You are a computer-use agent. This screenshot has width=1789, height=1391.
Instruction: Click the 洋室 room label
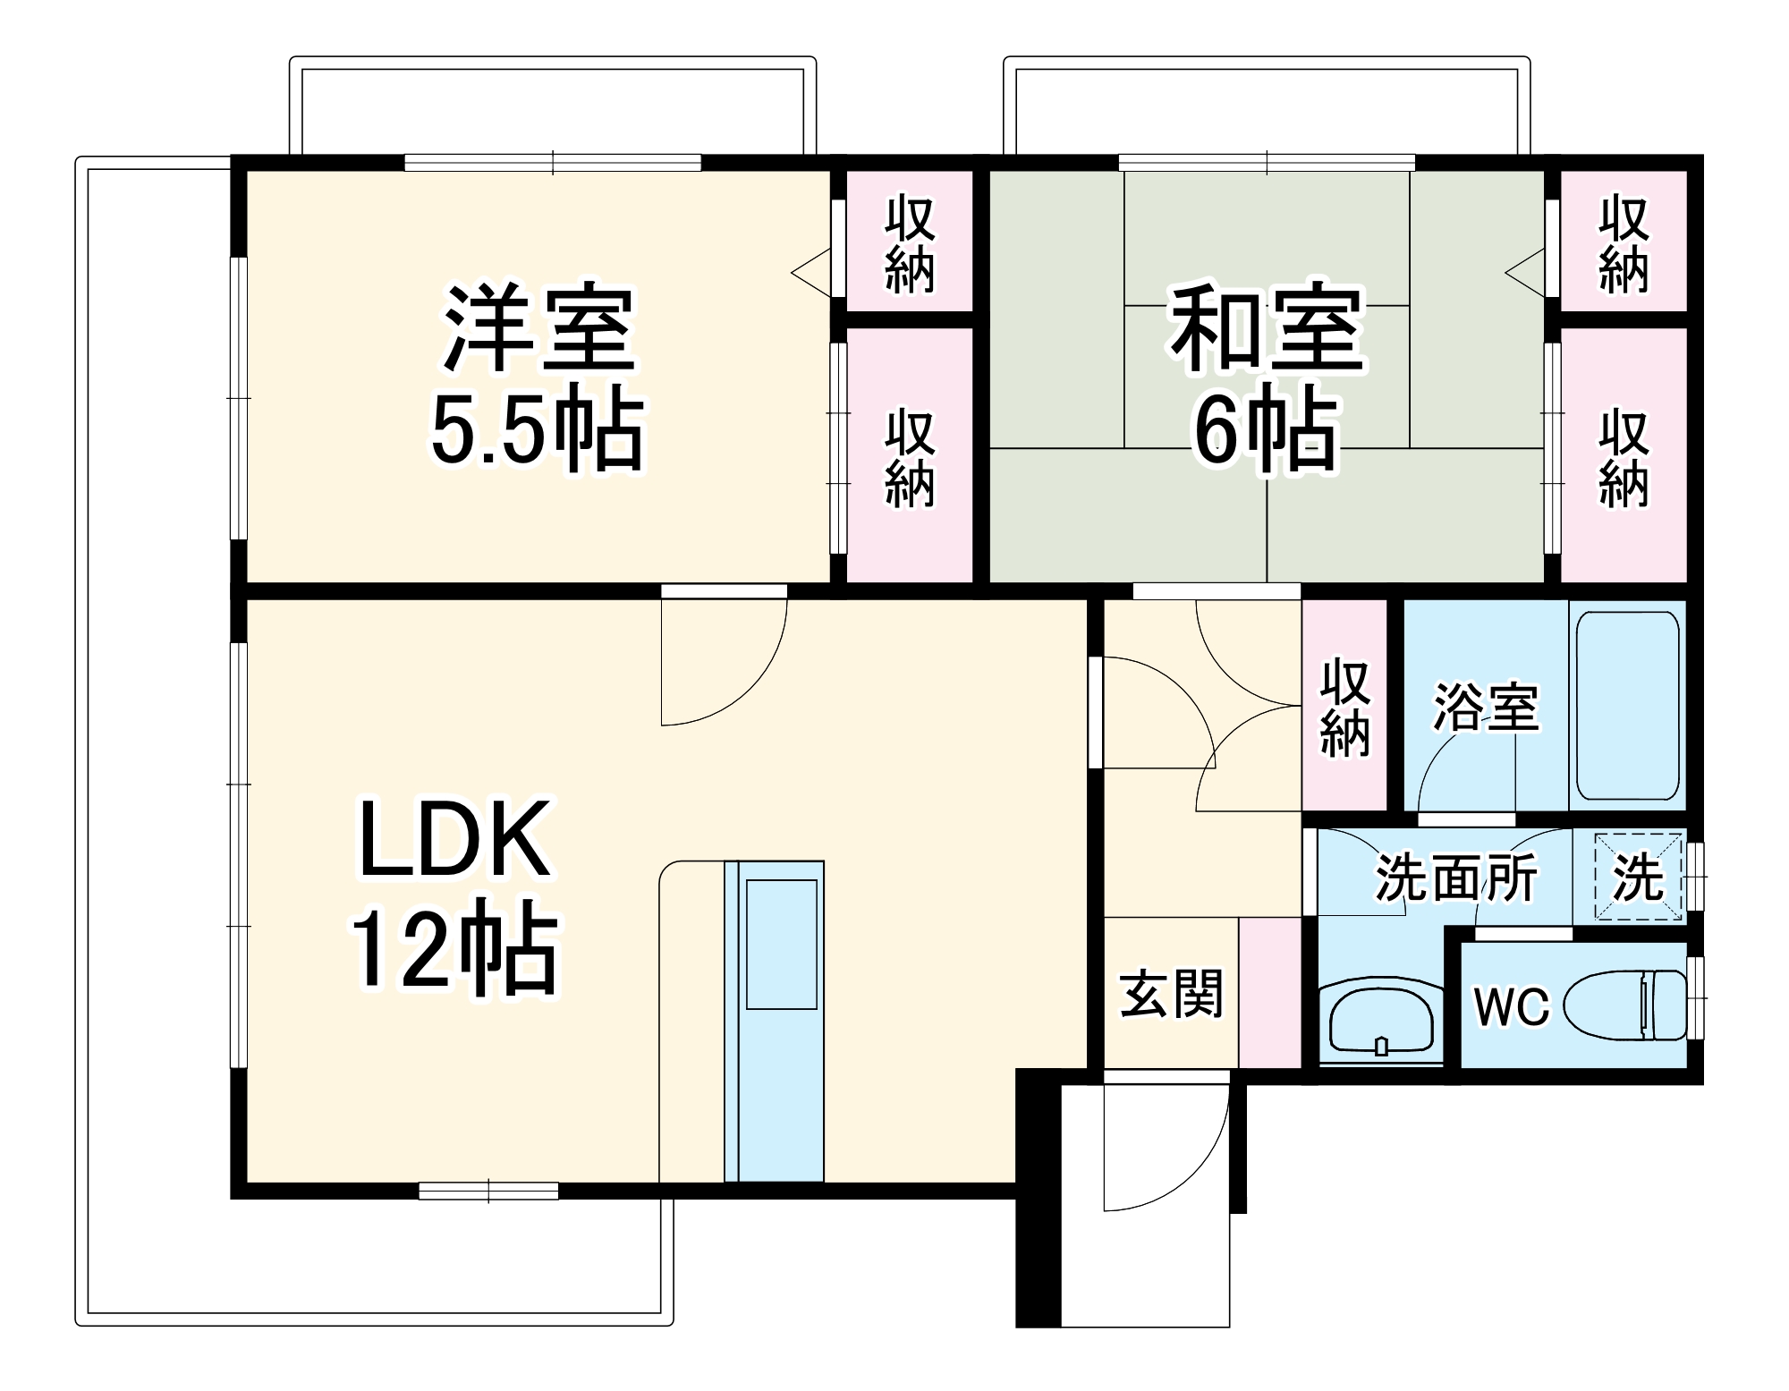[x=539, y=328]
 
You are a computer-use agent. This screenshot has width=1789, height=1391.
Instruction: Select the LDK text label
[x=454, y=841]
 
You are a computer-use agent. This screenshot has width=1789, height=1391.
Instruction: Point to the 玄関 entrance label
[x=1171, y=993]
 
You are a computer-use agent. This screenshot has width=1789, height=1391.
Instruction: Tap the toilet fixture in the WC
[x=1624, y=1005]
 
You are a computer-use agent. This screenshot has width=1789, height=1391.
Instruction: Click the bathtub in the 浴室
[x=1626, y=705]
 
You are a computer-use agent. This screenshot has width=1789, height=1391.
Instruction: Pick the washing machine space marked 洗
[x=1638, y=877]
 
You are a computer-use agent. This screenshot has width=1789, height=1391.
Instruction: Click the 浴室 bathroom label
[x=1486, y=707]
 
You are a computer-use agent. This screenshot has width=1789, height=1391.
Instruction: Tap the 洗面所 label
[x=1456, y=878]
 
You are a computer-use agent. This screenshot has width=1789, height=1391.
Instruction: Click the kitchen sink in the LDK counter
[x=782, y=944]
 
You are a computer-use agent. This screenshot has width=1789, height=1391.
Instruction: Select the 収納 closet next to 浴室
[x=1344, y=707]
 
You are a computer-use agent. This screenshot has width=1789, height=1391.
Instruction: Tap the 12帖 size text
[x=454, y=950]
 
